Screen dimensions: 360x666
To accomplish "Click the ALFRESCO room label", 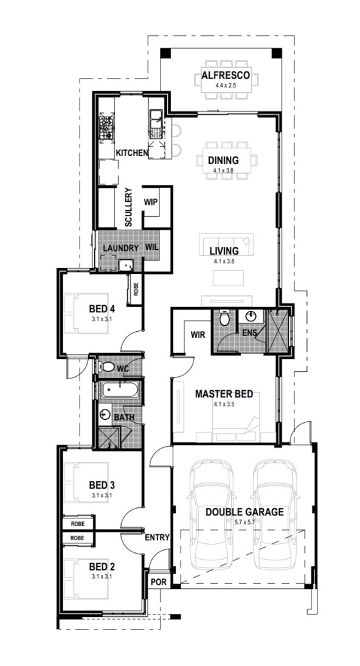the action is tap(225, 77).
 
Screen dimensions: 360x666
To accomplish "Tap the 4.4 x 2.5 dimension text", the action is tap(225, 85).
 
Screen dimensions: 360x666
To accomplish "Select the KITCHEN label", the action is tap(132, 153).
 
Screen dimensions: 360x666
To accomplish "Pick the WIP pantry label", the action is tap(151, 202).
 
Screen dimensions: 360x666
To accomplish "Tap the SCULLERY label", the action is tap(129, 207).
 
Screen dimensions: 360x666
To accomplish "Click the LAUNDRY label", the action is tap(120, 248).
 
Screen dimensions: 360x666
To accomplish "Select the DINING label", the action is tap(223, 160).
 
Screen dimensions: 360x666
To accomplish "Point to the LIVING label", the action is tap(224, 251).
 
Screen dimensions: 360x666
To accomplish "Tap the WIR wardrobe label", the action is tap(198, 335).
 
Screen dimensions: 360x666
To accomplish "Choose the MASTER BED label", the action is tap(224, 394).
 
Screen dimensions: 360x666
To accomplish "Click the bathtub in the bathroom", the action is tap(119, 390).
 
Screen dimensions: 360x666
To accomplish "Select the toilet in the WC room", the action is tap(107, 367).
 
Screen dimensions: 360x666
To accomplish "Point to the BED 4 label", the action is tap(102, 309).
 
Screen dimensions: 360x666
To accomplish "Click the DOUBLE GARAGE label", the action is tap(244, 512).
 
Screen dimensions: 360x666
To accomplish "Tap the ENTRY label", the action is tap(157, 537).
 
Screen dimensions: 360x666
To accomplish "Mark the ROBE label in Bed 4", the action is tap(136, 290).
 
